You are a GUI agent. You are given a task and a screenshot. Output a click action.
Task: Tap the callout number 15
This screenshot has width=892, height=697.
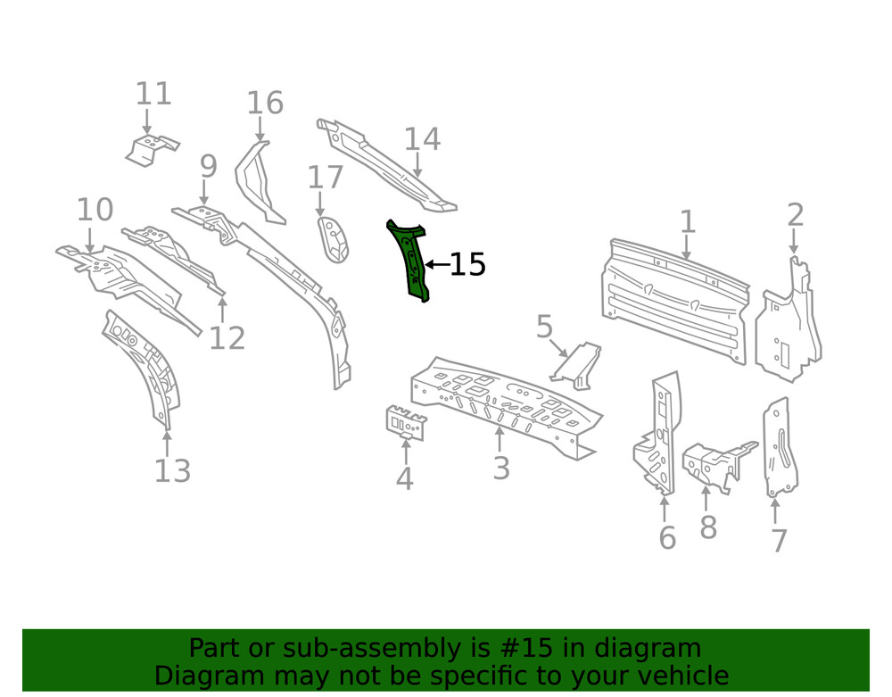467,265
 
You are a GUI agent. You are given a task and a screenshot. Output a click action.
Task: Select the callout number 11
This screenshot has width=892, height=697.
153,95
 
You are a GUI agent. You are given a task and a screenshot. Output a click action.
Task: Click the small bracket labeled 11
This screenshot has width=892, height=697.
152,149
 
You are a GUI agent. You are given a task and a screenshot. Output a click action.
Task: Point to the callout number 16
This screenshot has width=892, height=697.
265,104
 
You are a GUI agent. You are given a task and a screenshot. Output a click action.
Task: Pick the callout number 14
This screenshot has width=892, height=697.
422,139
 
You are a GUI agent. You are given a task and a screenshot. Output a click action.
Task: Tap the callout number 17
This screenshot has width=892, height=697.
326,178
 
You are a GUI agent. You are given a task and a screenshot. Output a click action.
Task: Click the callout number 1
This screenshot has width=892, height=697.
687,221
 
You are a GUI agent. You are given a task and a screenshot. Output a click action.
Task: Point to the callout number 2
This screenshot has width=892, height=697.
795,215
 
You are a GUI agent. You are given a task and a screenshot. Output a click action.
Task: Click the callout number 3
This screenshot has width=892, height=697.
500,468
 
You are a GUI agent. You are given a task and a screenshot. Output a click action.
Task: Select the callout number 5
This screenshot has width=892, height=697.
544,328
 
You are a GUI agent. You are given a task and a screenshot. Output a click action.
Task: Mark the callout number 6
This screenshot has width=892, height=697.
666,538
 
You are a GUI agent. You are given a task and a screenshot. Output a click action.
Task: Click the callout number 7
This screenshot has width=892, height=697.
778,541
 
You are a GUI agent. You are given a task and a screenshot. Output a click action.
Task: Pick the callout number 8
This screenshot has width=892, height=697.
707,527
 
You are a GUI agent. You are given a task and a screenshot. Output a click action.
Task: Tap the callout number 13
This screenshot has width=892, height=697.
172,470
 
